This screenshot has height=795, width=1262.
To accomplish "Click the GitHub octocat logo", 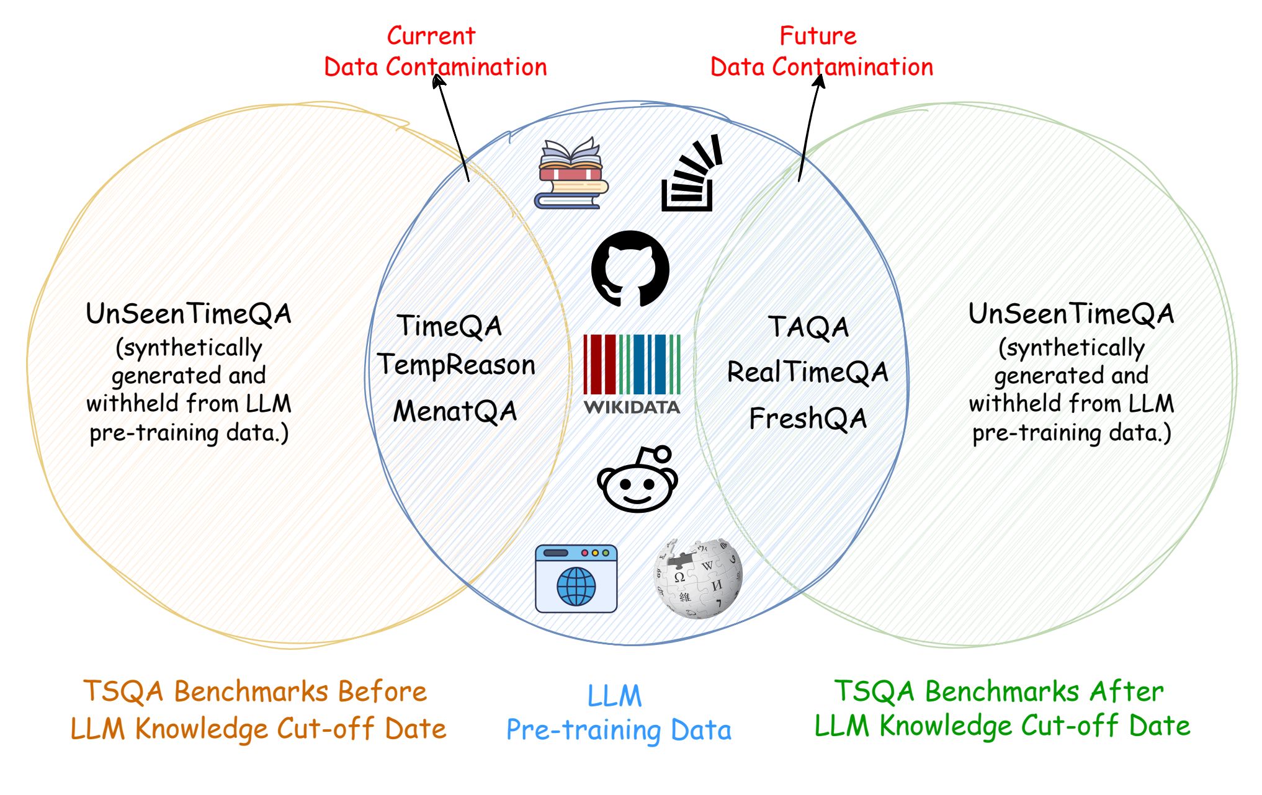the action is [630, 269].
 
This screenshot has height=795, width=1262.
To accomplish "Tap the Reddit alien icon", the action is [637, 479].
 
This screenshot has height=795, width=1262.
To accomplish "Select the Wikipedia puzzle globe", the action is [699, 578].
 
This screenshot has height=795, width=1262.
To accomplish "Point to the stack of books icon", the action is [571, 174].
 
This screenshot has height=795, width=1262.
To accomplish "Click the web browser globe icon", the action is [576, 579].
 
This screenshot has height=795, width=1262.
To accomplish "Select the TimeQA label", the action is [449, 326].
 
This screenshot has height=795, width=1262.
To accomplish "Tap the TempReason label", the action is [456, 365].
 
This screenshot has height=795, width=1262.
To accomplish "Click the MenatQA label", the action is [455, 411].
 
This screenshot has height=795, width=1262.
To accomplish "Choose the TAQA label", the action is [808, 327].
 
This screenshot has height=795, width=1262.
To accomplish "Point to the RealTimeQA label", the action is [807, 372].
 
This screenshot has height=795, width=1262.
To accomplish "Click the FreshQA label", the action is [807, 419].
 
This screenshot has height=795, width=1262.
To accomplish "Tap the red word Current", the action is [431, 36].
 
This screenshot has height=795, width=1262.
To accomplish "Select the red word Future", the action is [818, 36].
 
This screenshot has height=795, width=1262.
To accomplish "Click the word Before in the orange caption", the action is [382, 691].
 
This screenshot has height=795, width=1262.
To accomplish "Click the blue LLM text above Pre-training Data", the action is [614, 696].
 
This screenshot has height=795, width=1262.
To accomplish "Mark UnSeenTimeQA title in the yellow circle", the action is [189, 314].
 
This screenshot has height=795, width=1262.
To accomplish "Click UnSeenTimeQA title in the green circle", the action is [1071, 314].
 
